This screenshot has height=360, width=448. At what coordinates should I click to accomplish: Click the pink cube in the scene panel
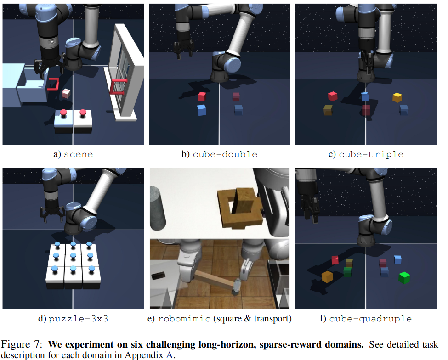pyautogui.click(x=66, y=93)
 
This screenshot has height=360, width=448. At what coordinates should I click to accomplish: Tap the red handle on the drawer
pyautogui.click(x=53, y=84)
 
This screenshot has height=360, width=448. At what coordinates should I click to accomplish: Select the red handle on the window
pyautogui.click(x=118, y=87)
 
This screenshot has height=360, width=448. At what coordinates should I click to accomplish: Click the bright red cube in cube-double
pyautogui.click(x=202, y=96)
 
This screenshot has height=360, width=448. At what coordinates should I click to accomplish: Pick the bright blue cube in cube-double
pyautogui.click(x=202, y=110)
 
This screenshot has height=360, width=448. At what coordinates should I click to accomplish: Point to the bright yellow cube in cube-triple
pyautogui.click(x=397, y=97)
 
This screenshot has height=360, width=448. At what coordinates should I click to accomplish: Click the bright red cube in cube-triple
pyautogui.click(x=333, y=96)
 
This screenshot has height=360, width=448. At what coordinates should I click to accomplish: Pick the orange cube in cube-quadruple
pyautogui.click(x=327, y=276)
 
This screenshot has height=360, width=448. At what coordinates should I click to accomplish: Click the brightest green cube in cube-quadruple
pyautogui.click(x=404, y=278)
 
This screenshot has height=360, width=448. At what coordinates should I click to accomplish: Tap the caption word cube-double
pyautogui.click(x=225, y=154)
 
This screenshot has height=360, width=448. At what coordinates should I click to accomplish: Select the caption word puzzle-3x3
pyautogui.click(x=78, y=319)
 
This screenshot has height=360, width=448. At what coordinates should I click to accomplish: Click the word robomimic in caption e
pyautogui.click(x=184, y=319)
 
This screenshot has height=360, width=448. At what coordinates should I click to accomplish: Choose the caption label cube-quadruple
pyautogui.click(x=370, y=319)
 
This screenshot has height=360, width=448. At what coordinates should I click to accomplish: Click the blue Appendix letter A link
pyautogui.click(x=170, y=355)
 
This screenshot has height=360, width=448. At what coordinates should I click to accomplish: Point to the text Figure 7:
pyautogui.click(x=22, y=344)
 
